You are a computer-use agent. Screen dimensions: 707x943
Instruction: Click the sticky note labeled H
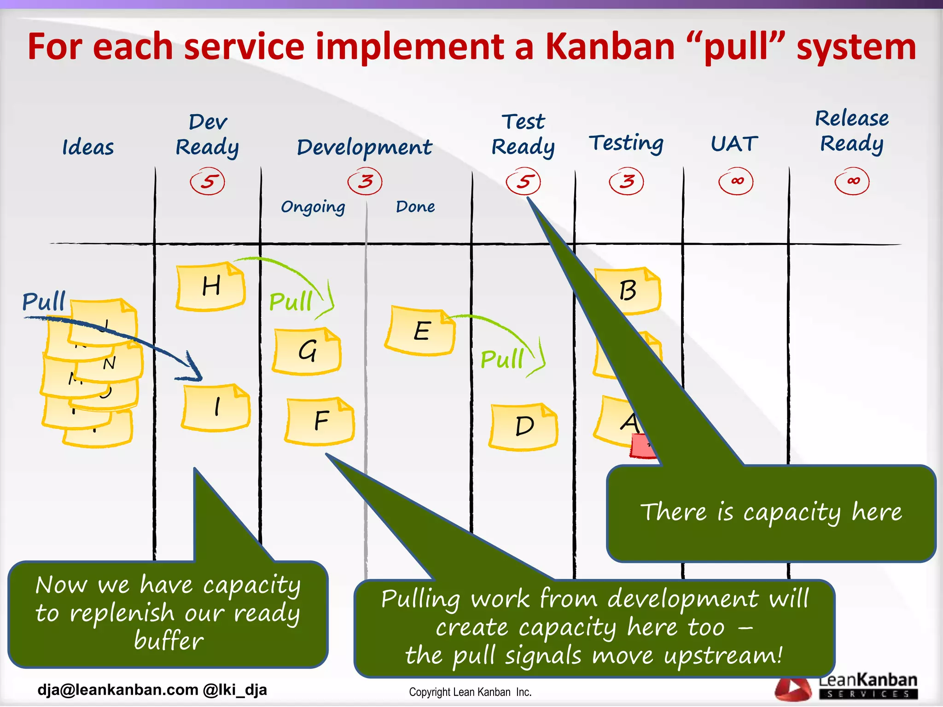(210, 286)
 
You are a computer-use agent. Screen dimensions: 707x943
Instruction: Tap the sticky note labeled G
(307, 351)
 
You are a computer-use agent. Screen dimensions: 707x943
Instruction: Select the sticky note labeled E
(420, 331)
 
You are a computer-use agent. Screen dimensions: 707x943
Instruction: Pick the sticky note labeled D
(524, 426)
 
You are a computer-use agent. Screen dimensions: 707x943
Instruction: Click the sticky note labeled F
(320, 421)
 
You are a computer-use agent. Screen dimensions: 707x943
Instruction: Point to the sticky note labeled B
(628, 291)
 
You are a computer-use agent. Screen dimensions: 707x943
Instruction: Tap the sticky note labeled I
(216, 407)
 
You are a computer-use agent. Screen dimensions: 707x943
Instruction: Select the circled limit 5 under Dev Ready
(208, 181)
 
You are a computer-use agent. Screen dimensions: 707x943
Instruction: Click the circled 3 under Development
(365, 181)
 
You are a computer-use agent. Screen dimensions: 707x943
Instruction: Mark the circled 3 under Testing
(626, 181)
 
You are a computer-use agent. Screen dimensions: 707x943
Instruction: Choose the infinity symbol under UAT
(736, 181)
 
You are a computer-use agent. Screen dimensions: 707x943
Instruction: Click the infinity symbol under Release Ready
(852, 181)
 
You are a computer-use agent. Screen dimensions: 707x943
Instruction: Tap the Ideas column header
(88, 148)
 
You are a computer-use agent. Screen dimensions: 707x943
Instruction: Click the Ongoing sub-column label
(313, 207)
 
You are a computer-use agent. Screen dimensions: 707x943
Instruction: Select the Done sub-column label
(415, 207)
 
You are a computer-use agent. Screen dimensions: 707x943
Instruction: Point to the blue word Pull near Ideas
(44, 301)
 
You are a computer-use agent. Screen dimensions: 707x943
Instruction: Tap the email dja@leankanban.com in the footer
(117, 690)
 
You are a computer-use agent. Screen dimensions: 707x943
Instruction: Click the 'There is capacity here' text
(771, 512)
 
